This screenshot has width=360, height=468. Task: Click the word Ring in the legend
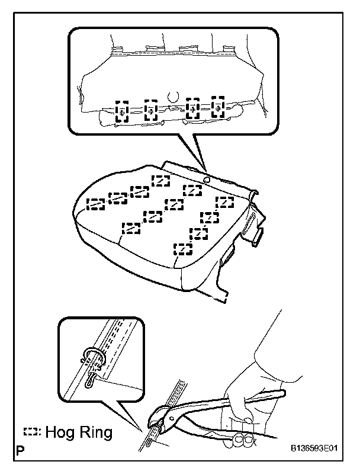(95, 433)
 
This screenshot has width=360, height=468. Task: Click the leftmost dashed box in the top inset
(121, 111)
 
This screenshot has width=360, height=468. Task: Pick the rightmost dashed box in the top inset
(218, 107)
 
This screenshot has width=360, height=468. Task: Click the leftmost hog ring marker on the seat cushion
(96, 204)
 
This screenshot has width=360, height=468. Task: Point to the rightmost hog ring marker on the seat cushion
(225, 202)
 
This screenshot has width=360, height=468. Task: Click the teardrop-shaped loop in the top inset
(172, 95)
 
